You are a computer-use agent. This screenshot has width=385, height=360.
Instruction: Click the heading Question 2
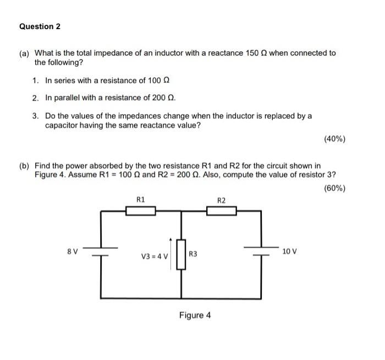pyautogui.click(x=40, y=26)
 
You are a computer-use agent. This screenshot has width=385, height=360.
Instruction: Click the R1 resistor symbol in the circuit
pyautogui.click(x=141, y=211)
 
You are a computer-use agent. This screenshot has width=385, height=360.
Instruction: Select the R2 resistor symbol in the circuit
pyautogui.click(x=221, y=211)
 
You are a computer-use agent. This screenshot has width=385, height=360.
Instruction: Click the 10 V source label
pyautogui.click(x=289, y=251)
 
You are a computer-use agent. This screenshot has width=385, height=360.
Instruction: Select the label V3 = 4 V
pyautogui.click(x=155, y=256)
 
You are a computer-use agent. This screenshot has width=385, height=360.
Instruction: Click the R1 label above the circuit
pyautogui.click(x=140, y=200)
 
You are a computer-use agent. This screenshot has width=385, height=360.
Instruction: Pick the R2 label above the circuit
pyautogui.click(x=221, y=200)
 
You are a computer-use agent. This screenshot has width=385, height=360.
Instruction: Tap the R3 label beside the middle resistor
pyautogui.click(x=193, y=254)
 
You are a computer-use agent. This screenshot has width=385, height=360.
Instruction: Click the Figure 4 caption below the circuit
pyautogui.click(x=195, y=315)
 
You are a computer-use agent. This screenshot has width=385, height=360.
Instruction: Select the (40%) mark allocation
pyautogui.click(x=335, y=139)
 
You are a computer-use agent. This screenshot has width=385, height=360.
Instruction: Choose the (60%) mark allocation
pyautogui.click(x=335, y=188)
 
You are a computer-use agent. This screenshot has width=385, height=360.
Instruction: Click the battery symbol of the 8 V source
pyautogui.click(x=101, y=251)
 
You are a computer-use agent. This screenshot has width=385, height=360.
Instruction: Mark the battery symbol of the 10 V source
pyautogui.click(x=261, y=251)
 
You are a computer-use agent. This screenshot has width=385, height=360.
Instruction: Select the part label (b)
pyautogui.click(x=25, y=165)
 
